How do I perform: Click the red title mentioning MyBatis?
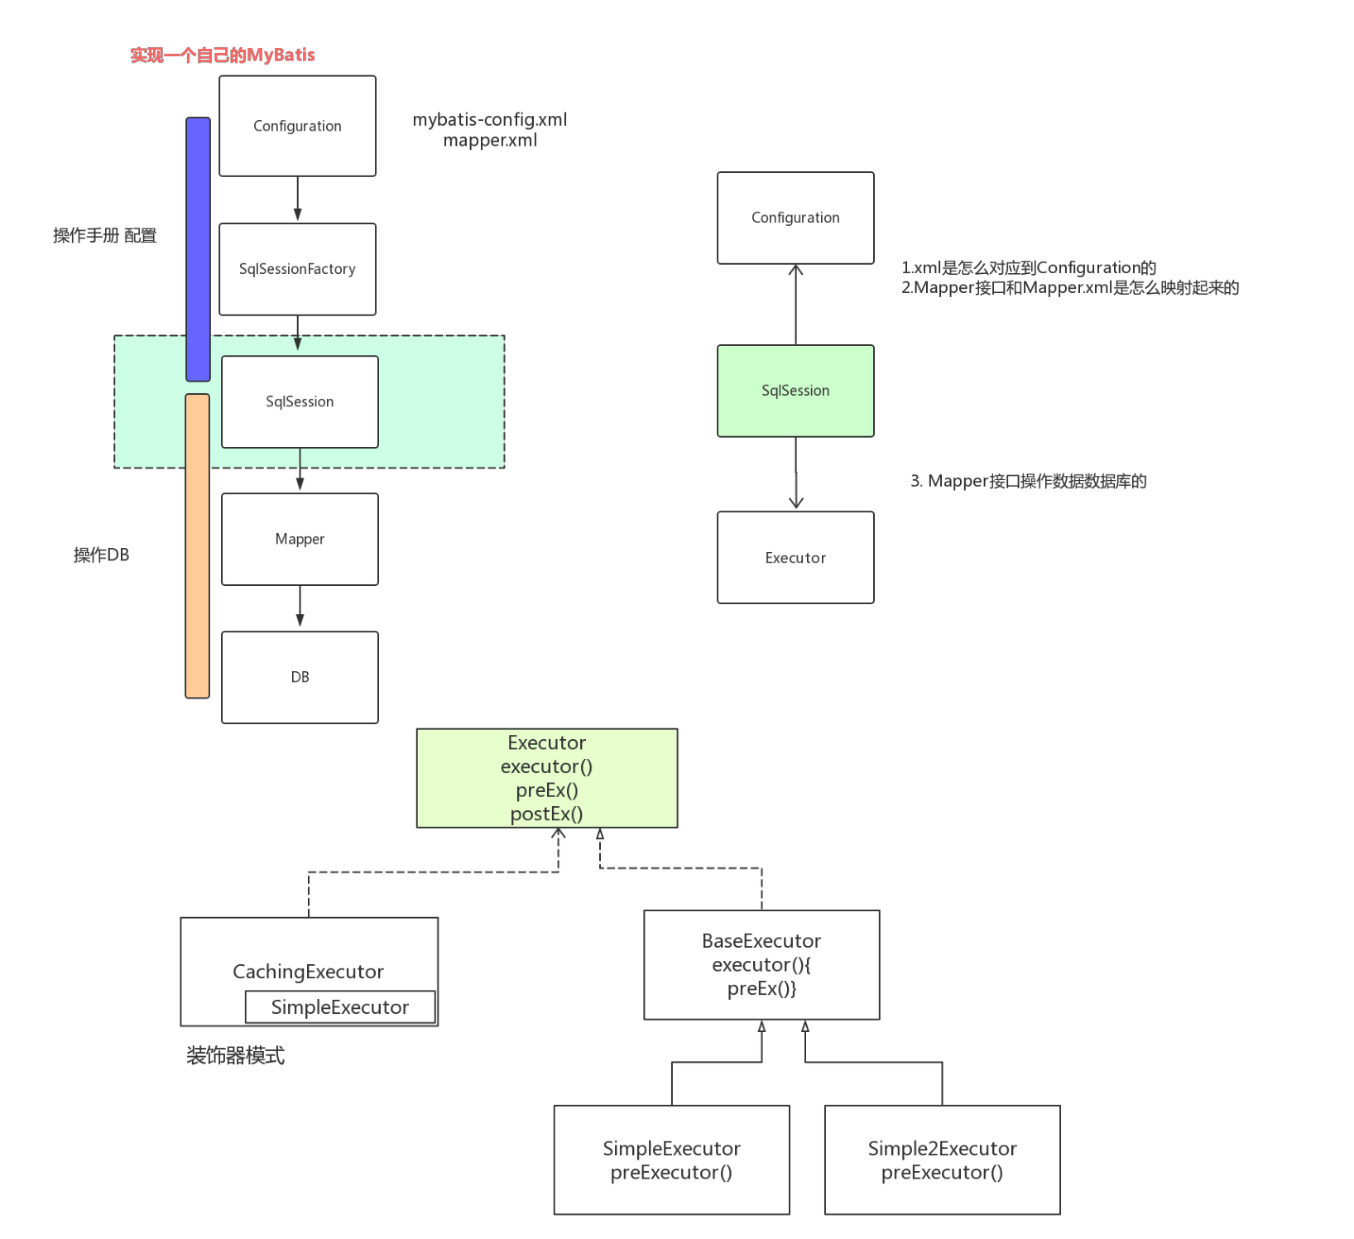(x=222, y=55)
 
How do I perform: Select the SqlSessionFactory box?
(x=297, y=269)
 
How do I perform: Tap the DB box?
(x=300, y=677)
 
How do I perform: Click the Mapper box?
(x=300, y=539)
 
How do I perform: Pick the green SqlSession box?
(x=795, y=391)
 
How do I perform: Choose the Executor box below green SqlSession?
(x=795, y=557)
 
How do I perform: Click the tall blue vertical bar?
(x=198, y=248)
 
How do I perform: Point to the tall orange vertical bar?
(x=197, y=545)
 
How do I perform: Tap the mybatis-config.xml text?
(x=490, y=120)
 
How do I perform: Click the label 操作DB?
(x=101, y=555)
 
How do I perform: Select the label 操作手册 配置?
(x=104, y=236)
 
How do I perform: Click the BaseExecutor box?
(x=761, y=964)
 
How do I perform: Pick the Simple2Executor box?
(x=942, y=1160)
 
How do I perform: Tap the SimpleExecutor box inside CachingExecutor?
(x=339, y=1006)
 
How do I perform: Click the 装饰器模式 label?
(x=235, y=1055)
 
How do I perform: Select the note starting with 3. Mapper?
(x=1028, y=481)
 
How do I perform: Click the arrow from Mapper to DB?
(x=300, y=607)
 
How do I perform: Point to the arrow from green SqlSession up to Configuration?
(x=795, y=304)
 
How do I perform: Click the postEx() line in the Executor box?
(x=546, y=814)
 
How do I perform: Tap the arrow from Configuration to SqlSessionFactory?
(x=297, y=199)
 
